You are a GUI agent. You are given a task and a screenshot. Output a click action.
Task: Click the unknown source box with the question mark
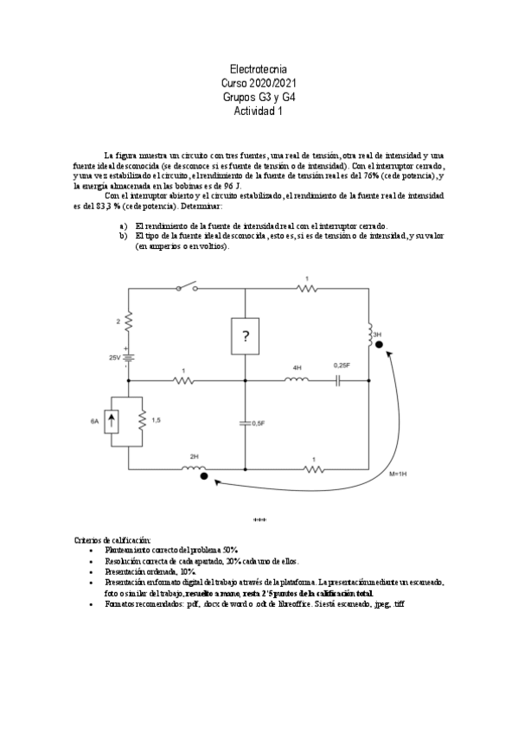click(246, 336)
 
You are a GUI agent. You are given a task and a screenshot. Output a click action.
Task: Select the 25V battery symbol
click(128, 358)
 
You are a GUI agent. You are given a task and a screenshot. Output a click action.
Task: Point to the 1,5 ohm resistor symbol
click(141, 421)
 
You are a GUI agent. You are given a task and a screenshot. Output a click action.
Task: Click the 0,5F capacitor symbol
click(246, 423)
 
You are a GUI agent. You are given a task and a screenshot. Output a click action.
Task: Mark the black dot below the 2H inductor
click(202, 476)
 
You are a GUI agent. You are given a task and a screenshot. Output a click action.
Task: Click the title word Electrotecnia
click(259, 67)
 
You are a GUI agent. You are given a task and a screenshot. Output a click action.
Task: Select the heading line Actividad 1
click(259, 111)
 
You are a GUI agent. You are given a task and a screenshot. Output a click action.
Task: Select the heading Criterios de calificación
click(112, 539)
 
